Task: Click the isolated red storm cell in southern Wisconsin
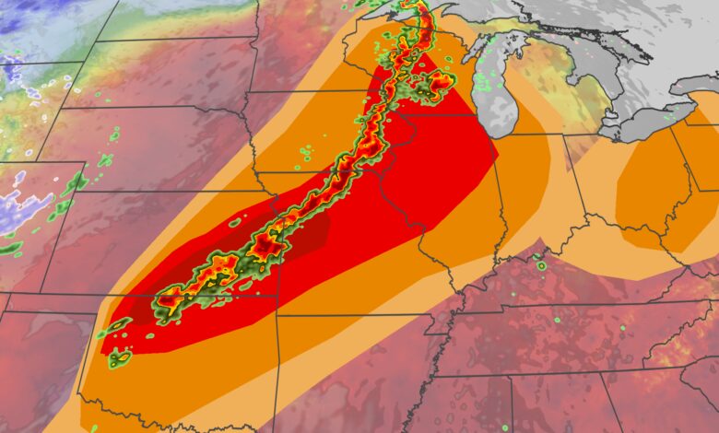pos(441,82)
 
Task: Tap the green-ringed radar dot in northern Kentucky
pos(541,265)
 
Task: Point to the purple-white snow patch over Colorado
pos(23,207)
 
